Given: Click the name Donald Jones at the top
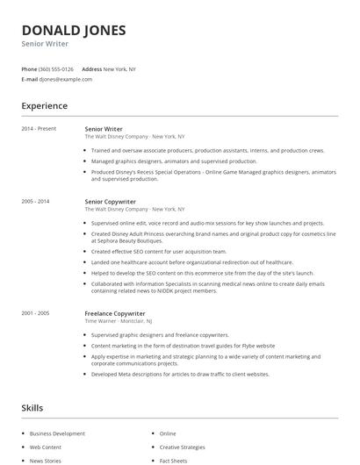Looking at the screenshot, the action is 74,30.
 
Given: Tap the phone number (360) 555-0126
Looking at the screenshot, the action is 56,68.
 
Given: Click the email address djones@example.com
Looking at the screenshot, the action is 65,79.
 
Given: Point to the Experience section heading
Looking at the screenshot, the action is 44,106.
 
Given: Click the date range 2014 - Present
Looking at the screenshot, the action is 39,129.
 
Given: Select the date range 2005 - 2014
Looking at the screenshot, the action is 36,201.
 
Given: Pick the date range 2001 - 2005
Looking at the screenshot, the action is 36,313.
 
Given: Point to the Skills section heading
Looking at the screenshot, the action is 32,408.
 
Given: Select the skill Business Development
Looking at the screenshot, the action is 57,433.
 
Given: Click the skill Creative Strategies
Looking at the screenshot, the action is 182,447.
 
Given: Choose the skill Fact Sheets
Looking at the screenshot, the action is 173,460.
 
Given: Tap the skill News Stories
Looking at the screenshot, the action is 46,460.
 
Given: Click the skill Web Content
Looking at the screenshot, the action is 46,447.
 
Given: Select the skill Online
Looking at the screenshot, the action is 168,433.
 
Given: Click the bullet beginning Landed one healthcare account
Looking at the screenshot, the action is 191,261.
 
